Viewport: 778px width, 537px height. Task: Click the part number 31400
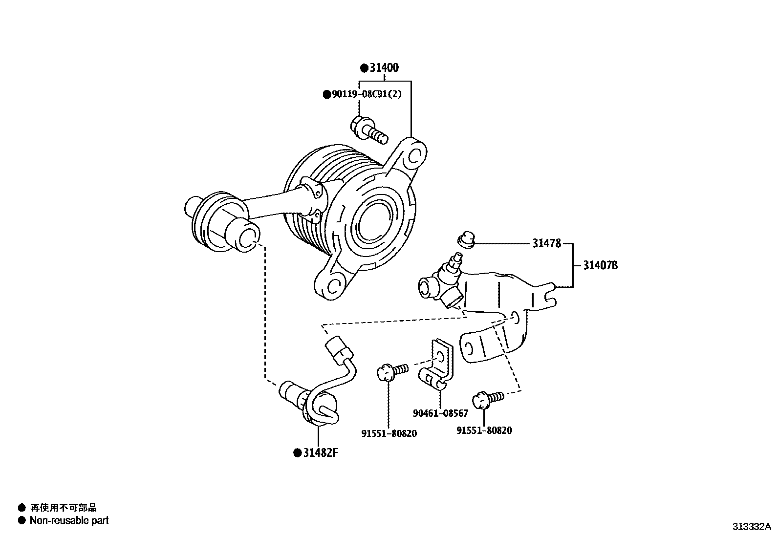coord(384,68)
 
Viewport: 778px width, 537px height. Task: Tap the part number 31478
coord(546,243)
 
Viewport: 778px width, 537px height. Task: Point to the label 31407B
coord(601,265)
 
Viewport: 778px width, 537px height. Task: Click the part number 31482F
coord(321,452)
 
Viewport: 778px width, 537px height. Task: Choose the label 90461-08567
coord(440,413)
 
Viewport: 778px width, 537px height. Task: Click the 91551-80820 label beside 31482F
coord(389,433)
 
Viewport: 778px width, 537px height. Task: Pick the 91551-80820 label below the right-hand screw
coord(484,430)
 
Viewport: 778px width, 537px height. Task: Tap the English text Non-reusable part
coord(69,520)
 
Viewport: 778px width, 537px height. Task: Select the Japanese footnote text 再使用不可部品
coord(64,508)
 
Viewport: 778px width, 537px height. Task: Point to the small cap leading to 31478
coord(466,240)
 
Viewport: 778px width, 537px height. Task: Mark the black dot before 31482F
coord(297,453)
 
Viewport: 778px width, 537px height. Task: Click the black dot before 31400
coord(364,68)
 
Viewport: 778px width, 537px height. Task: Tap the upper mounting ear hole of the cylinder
coord(415,155)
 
